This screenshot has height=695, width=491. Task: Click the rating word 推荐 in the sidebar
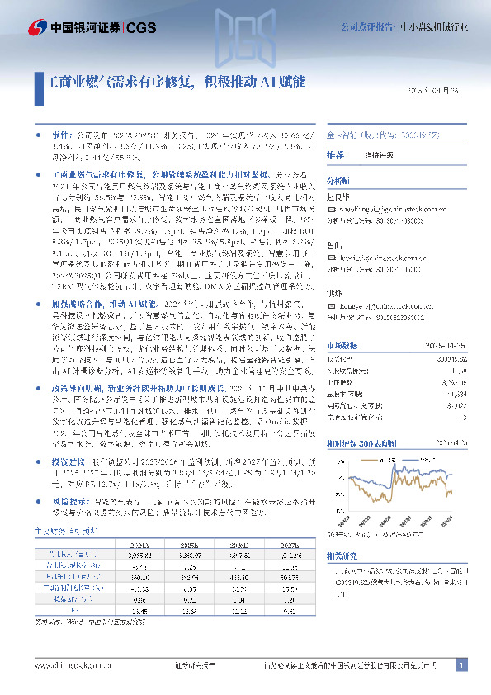coord(335,155)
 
